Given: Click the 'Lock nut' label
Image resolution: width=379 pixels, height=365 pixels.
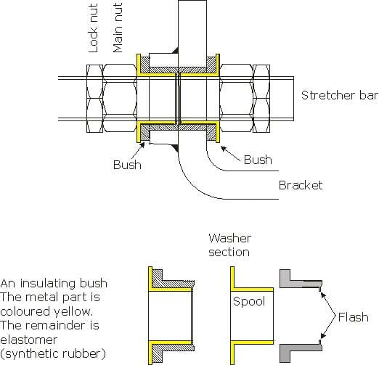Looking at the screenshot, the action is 94,28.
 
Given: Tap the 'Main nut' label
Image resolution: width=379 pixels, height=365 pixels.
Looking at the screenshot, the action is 118,28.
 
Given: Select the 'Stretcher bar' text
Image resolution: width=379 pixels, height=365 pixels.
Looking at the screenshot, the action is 340,95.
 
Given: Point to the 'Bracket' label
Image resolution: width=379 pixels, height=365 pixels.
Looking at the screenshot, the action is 301,185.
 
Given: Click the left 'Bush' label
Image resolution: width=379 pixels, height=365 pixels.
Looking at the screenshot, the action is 127,165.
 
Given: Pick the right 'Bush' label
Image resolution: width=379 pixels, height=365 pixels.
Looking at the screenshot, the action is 258,160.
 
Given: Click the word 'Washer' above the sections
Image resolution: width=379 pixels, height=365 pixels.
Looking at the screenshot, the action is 229,238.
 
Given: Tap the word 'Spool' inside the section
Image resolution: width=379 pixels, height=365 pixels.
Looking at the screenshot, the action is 249,301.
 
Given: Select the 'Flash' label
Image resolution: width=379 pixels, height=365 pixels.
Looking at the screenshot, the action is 354,317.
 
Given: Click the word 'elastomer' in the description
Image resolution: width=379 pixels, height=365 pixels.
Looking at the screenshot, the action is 29,340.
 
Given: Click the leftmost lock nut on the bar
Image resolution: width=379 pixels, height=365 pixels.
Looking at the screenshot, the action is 95,99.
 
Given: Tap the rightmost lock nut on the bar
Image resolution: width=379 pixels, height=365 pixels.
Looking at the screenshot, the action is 261,99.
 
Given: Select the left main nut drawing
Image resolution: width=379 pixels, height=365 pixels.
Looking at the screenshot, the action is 120,99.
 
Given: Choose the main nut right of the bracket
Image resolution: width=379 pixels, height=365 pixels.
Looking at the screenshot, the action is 236,99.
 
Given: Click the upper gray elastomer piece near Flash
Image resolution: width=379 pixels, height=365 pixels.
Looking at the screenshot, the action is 299,281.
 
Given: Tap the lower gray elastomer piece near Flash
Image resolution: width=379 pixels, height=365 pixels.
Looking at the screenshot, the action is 299,350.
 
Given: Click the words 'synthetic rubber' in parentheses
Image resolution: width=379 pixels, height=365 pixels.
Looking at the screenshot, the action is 53,353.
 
